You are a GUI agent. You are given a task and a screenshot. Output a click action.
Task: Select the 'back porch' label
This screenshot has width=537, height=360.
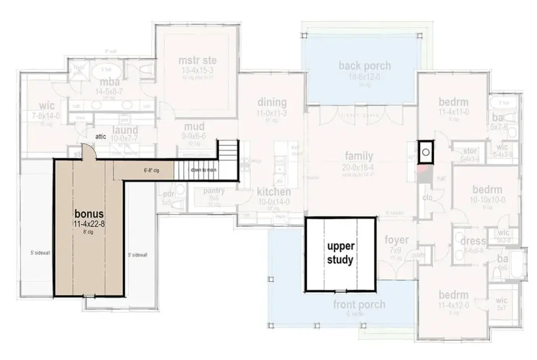[364, 66]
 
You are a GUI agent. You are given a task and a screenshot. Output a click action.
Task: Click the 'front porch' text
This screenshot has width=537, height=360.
[359, 304]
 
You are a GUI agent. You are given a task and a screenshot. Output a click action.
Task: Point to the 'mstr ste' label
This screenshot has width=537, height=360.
[197, 60]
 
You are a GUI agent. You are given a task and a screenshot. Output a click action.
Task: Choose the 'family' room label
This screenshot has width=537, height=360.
[359, 156]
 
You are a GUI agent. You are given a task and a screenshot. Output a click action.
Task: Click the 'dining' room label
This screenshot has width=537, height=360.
[272, 102]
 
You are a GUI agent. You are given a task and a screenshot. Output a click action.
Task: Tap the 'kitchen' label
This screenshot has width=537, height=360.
[274, 192]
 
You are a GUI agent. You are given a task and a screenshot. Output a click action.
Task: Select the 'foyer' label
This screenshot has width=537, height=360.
[396, 240]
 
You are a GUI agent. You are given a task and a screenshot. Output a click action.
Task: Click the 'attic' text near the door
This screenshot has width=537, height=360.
[101, 136]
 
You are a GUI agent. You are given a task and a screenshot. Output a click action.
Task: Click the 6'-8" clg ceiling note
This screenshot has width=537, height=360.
[151, 170]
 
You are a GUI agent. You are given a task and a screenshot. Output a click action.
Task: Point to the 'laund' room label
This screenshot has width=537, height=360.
[126, 130]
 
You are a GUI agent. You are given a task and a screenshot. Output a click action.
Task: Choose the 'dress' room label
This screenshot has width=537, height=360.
[473, 241]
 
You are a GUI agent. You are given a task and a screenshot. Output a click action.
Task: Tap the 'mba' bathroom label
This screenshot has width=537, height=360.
[110, 82]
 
